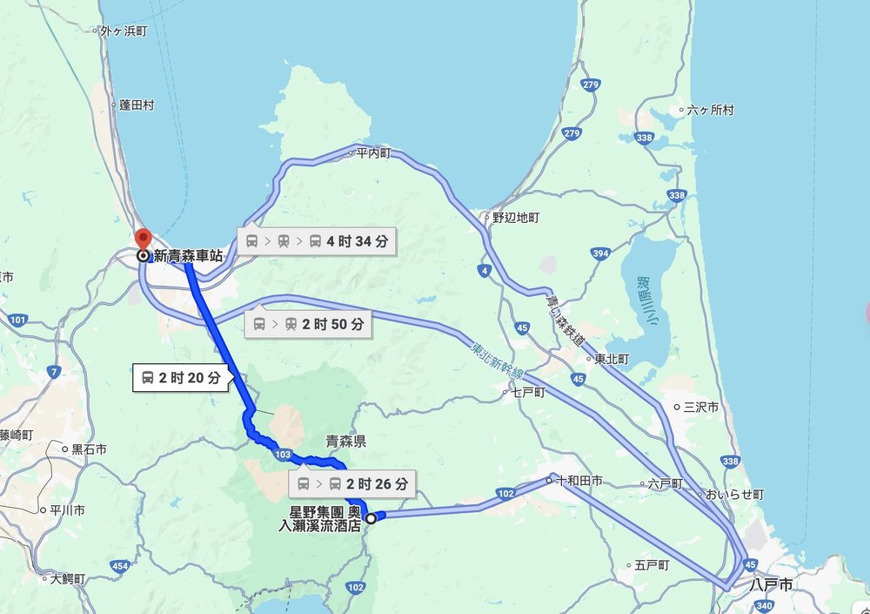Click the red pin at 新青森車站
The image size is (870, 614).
coord(143,239)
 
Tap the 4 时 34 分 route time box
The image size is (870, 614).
coord(317,241)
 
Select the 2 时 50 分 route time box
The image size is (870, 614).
coord(308,325)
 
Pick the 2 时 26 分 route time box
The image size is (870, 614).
coord(347,483)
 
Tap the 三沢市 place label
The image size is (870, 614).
coord(700,407)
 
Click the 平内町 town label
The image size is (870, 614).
coord(374,153)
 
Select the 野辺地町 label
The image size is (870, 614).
coord(516,217)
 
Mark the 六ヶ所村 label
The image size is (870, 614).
coord(710,111)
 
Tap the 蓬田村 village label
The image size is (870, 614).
coord(136,105)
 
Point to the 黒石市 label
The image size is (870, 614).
coord(89,449)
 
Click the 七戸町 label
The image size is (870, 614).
coord(527,393)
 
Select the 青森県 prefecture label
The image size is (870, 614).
coord(345,442)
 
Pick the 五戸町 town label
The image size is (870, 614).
coord(652,565)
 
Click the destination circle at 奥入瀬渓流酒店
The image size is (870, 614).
coord(371,518)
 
